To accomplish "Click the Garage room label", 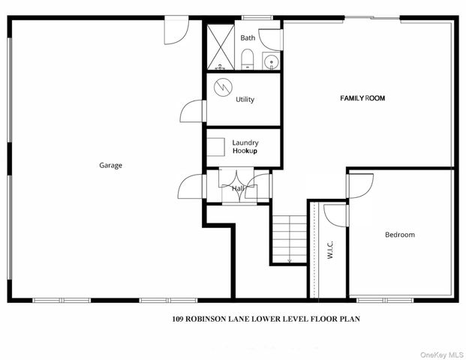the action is click(x=110, y=166).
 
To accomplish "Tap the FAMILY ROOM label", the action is click(x=362, y=98).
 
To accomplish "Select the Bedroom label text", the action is click(x=400, y=235).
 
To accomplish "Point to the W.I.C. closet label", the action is click(x=330, y=250).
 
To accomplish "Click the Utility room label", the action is click(x=245, y=100).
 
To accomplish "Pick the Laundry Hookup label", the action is click(x=245, y=147).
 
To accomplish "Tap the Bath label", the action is click(x=248, y=38).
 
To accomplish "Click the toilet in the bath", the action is click(x=247, y=59).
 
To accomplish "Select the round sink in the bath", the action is click(x=271, y=61).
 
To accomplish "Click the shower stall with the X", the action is click(x=221, y=47).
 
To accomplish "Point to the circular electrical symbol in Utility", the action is click(x=223, y=87).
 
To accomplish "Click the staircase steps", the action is click(x=290, y=239).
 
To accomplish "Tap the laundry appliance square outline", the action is click(x=215, y=147).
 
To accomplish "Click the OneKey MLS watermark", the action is click(x=442, y=355).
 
